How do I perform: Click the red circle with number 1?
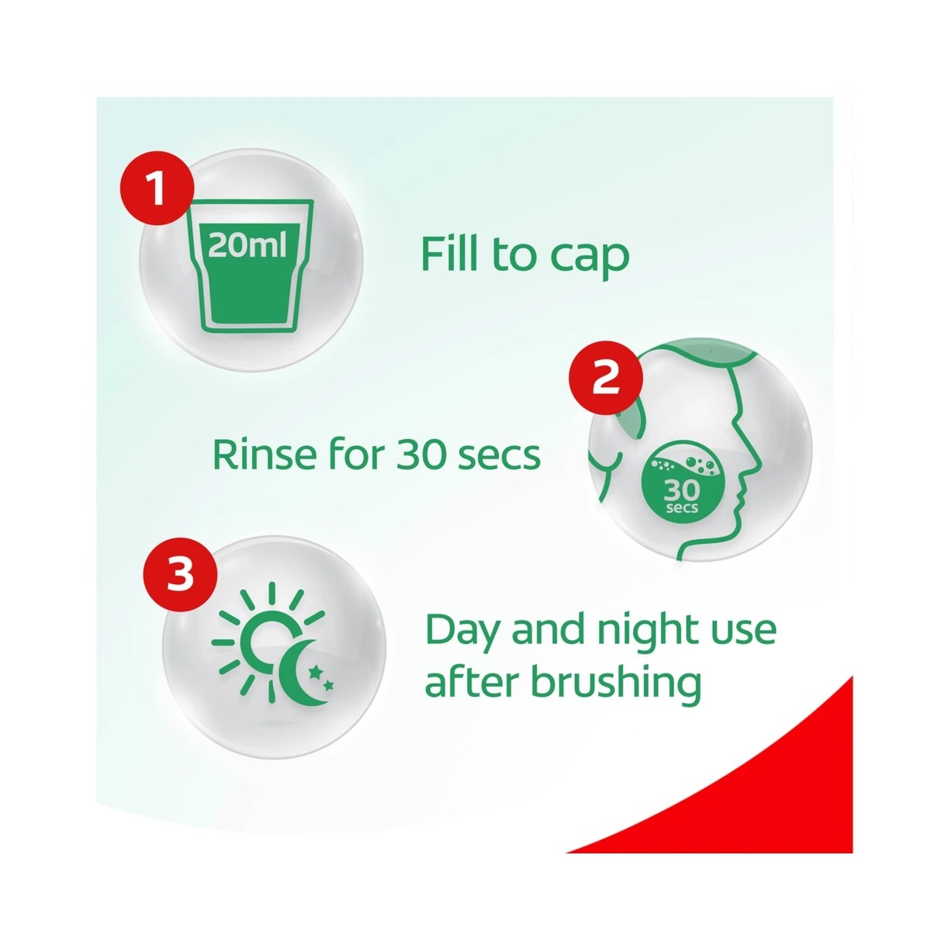[x=157, y=187]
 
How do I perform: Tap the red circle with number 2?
[x=606, y=379]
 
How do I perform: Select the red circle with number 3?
[x=180, y=575]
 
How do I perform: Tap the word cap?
[x=590, y=258]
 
